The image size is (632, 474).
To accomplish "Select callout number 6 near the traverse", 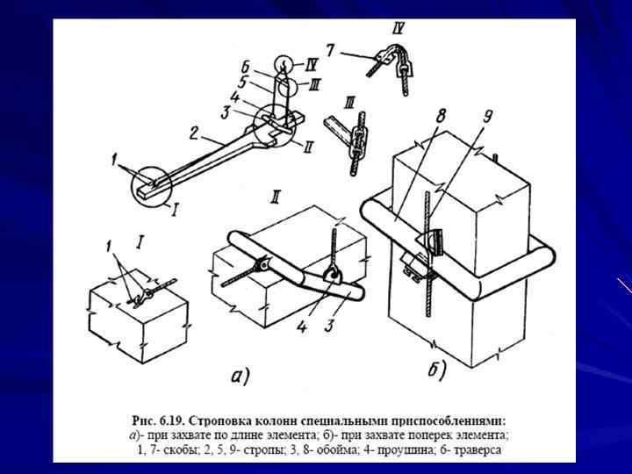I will [x=248, y=66].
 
